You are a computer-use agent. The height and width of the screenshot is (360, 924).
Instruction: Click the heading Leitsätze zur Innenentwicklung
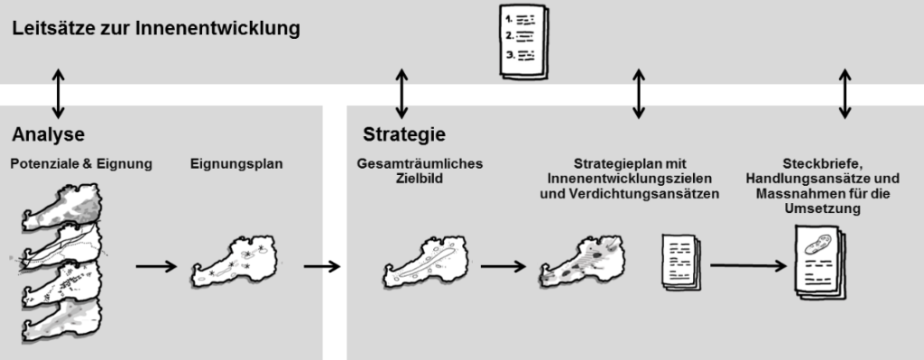pos(156,29)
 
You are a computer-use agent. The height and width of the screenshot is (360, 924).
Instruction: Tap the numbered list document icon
pos(523,42)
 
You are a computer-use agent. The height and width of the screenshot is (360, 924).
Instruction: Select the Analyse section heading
pos(49,135)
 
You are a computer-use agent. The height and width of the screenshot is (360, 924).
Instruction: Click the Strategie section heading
pos(404,134)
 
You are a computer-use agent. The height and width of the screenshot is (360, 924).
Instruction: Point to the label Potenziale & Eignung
pos(81,164)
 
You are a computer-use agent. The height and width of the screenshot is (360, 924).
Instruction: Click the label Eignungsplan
pos(236,164)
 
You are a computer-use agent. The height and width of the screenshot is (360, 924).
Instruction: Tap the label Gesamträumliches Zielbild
pos(420,171)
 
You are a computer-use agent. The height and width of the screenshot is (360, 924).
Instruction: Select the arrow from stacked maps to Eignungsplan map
pos(156,266)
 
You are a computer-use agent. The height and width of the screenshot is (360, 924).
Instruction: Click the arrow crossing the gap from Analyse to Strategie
pos(322,266)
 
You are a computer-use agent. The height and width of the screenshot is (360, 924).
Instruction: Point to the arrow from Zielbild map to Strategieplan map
pos(504,266)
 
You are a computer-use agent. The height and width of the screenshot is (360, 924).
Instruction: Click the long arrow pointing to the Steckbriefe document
pos(748,266)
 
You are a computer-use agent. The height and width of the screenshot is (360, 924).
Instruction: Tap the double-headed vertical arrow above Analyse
pos(58,94)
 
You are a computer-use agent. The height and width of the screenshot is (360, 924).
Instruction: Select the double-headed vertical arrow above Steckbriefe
pos(845,94)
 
